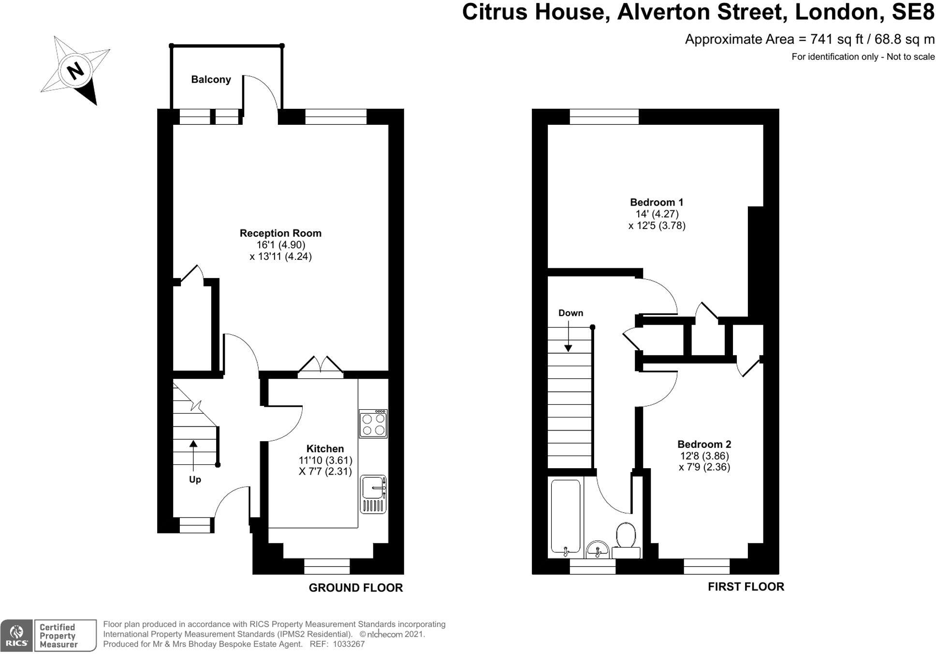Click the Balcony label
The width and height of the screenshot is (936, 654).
pyautogui.click(x=211, y=79)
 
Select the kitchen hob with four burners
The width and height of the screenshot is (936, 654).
pyautogui.click(x=373, y=424)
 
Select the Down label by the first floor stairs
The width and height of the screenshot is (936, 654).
pyautogui.click(x=570, y=313)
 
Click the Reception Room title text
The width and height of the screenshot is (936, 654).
pyautogui.click(x=280, y=233)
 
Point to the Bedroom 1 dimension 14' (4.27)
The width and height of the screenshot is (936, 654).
pyautogui.click(x=657, y=214)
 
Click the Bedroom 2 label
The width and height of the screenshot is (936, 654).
pyautogui.click(x=704, y=444)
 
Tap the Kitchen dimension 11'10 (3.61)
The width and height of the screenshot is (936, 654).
pyautogui.click(x=325, y=460)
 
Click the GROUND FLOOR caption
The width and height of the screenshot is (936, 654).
pyautogui.click(x=355, y=588)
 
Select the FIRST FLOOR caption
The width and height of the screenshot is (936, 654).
pyautogui.click(x=746, y=587)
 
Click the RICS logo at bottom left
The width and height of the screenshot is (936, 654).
pyautogui.click(x=16, y=635)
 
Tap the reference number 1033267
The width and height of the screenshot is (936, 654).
pyautogui.click(x=349, y=644)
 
